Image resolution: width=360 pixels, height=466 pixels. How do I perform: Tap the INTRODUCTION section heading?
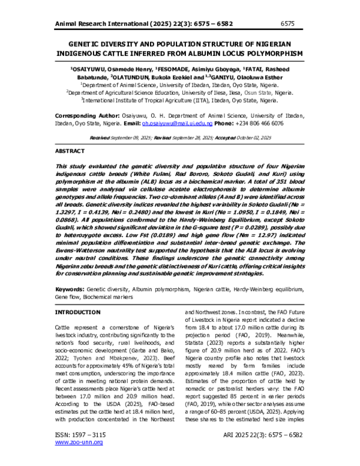[x=77, y=313]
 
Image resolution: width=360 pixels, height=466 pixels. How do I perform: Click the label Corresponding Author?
[x=91, y=114]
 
